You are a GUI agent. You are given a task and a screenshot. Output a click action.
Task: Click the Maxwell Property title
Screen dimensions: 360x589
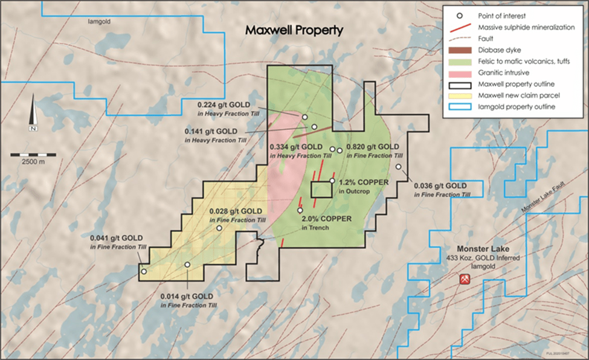tap(294, 30)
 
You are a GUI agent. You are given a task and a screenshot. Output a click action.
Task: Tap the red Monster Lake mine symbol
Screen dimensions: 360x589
tap(465, 279)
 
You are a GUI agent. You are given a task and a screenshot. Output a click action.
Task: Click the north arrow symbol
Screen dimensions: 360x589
tap(34, 117)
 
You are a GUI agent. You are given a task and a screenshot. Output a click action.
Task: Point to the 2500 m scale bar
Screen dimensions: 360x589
tap(34, 156)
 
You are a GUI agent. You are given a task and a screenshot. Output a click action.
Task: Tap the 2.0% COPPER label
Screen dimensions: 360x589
tap(326, 219)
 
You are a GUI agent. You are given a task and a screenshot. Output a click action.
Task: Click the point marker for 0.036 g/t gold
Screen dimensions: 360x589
tap(399, 167)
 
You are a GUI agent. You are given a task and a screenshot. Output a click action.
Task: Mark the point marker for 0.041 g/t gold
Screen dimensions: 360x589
tap(144, 271)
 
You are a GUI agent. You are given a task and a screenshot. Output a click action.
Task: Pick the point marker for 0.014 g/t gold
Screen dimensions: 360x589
tap(187, 265)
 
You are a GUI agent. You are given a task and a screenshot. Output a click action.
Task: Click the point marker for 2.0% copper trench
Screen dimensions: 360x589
tap(300, 210)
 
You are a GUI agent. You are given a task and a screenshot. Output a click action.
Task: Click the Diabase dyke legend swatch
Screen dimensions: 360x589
tap(460, 50)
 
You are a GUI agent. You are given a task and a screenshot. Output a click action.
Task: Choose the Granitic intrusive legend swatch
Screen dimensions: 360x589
tap(460, 72)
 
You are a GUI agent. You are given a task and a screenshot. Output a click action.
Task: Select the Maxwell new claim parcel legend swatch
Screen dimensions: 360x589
tap(460, 95)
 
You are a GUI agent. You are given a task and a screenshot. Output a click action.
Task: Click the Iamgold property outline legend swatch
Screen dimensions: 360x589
tap(460, 107)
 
